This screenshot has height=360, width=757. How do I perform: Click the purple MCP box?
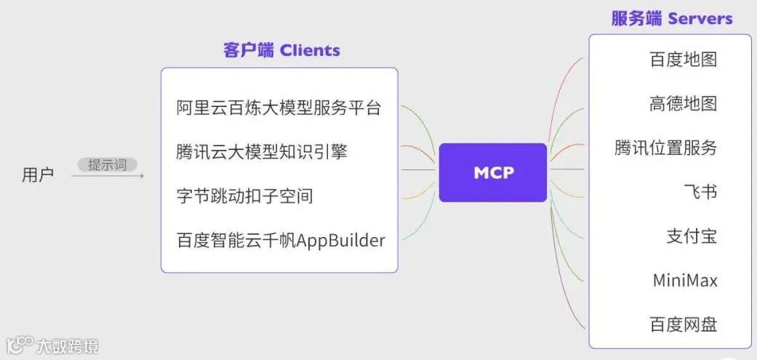pos(493,172)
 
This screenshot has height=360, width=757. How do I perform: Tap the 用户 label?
pos(38,175)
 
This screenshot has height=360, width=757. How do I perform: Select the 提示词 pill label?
pos(107,165)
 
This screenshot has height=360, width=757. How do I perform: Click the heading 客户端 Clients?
pos(281,50)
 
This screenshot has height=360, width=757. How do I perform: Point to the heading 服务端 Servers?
pos(671,18)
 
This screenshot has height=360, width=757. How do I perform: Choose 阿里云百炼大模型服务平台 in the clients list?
pos(279,108)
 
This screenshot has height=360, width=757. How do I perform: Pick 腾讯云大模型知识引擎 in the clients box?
pos(262,152)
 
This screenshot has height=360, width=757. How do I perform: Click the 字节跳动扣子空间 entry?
pos(244,196)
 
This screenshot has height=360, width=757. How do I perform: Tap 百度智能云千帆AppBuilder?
pos(281,240)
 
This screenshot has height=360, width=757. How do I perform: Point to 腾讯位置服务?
pos(665,148)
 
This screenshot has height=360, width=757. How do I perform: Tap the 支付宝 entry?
pos(692,236)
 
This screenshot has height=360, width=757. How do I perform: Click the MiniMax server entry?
pos(684,280)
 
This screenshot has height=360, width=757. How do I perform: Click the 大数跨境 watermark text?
pos(68,346)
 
